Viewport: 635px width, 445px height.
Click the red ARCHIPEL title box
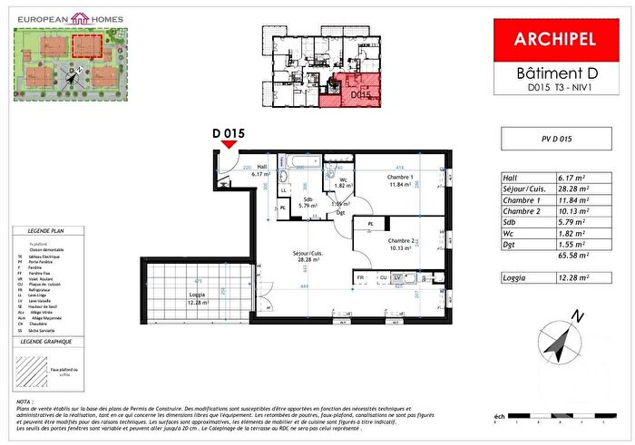point(554,39)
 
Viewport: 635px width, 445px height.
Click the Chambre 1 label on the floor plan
point(400,177)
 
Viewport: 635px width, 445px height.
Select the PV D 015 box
point(554,140)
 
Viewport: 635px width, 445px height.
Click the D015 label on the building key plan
point(361,93)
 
